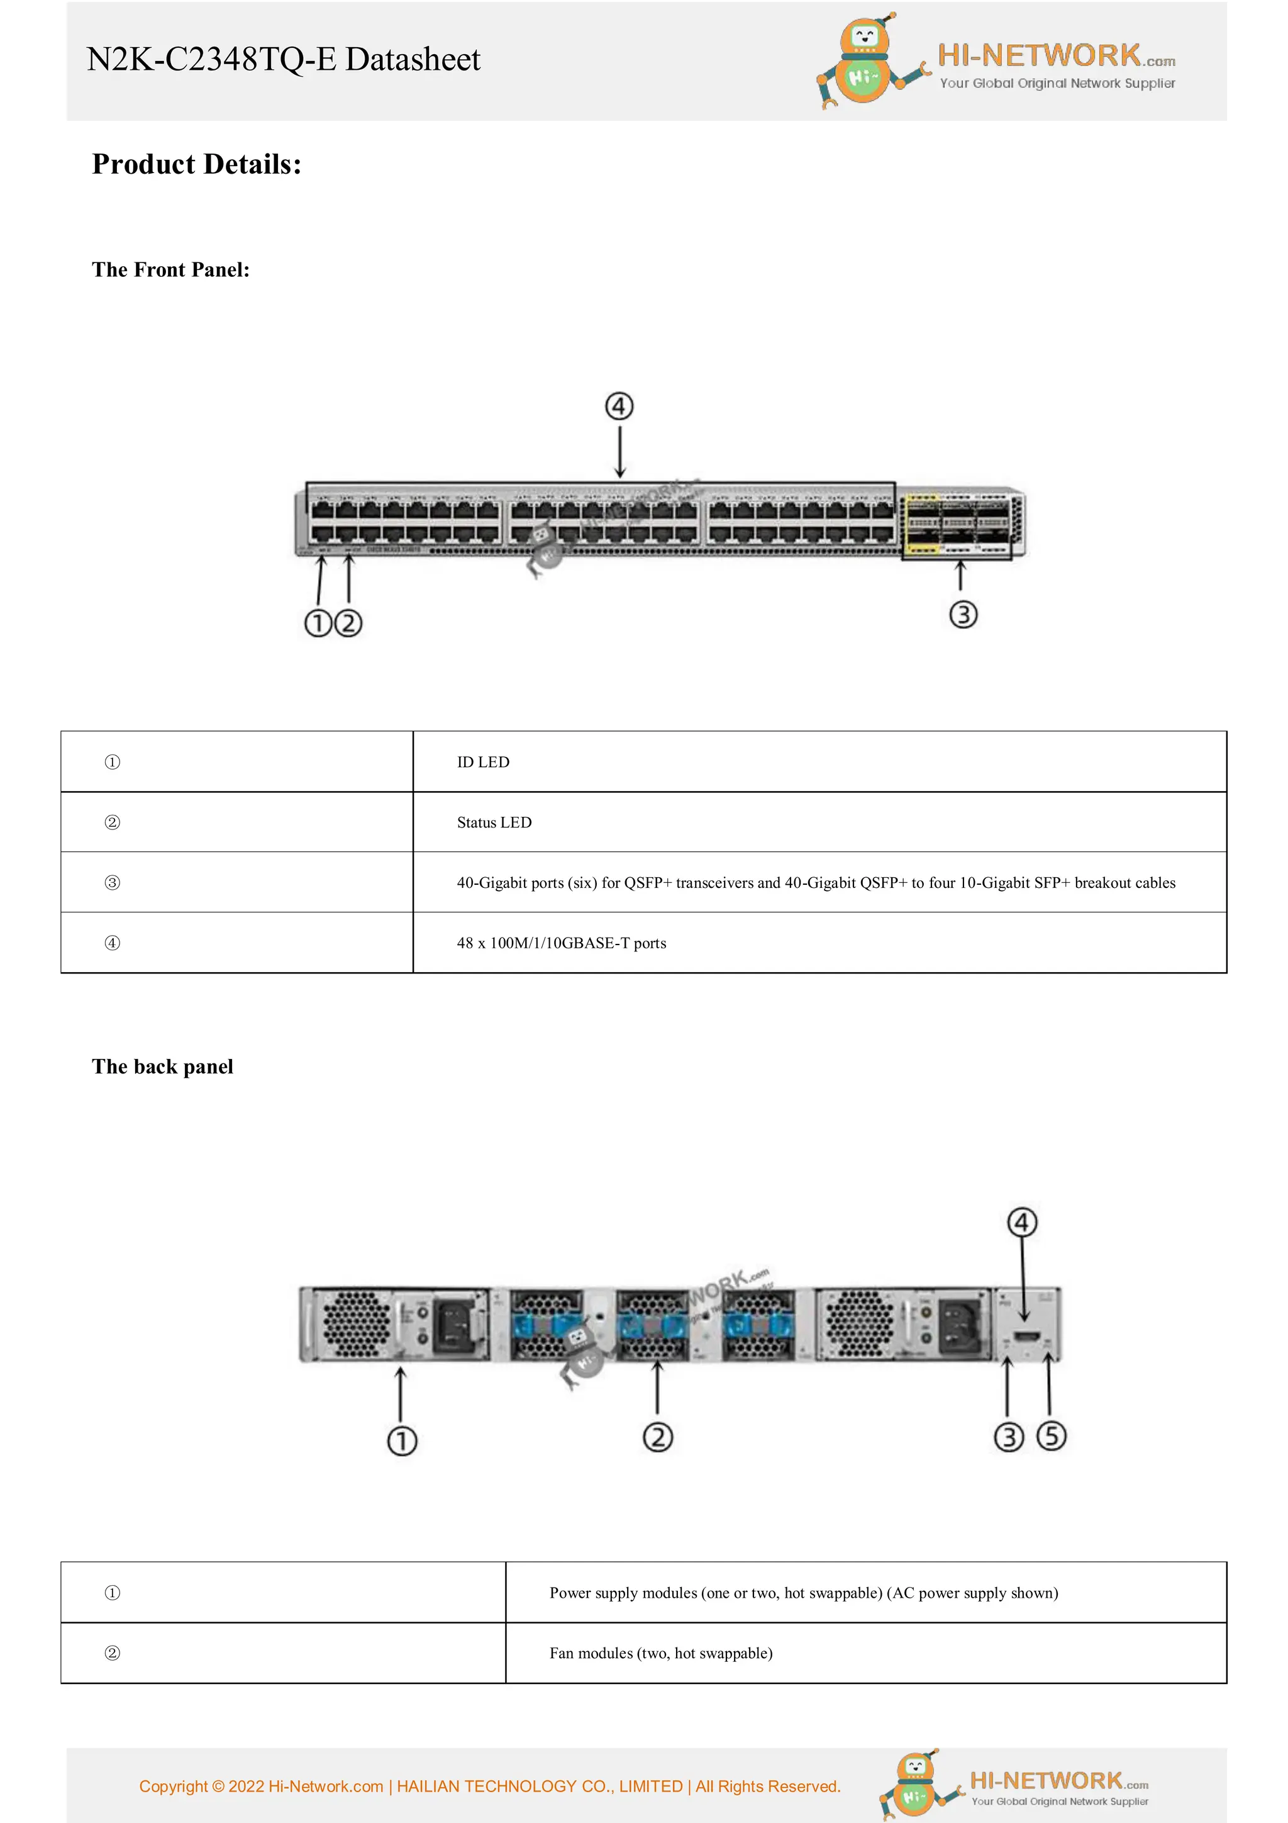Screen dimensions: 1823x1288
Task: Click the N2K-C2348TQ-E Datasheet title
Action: (282, 60)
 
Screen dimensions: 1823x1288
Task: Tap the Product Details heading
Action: (196, 164)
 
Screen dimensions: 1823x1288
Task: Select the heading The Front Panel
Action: (170, 270)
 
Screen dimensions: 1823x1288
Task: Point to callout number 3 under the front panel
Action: (963, 615)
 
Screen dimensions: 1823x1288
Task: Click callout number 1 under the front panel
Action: (318, 623)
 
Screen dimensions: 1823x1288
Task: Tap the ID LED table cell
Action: (482, 762)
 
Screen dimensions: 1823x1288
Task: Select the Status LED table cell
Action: (494, 822)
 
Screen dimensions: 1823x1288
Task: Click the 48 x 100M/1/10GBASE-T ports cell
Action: (561, 943)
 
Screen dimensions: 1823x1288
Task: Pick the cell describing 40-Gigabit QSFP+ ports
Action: (815, 883)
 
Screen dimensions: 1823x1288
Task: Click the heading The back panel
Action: (163, 1067)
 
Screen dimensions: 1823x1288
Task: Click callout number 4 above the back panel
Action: (1021, 1223)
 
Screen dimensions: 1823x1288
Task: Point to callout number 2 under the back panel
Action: (657, 1437)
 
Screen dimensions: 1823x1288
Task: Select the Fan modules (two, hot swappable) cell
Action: (660, 1653)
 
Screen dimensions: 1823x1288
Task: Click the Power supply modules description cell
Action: (803, 1593)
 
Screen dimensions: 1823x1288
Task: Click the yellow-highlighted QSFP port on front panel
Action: (922, 524)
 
